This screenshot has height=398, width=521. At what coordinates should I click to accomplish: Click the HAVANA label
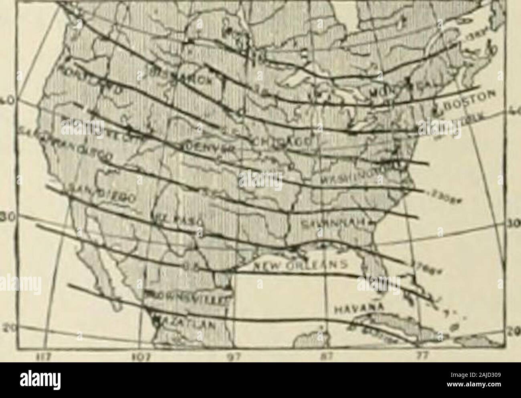[355, 309]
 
